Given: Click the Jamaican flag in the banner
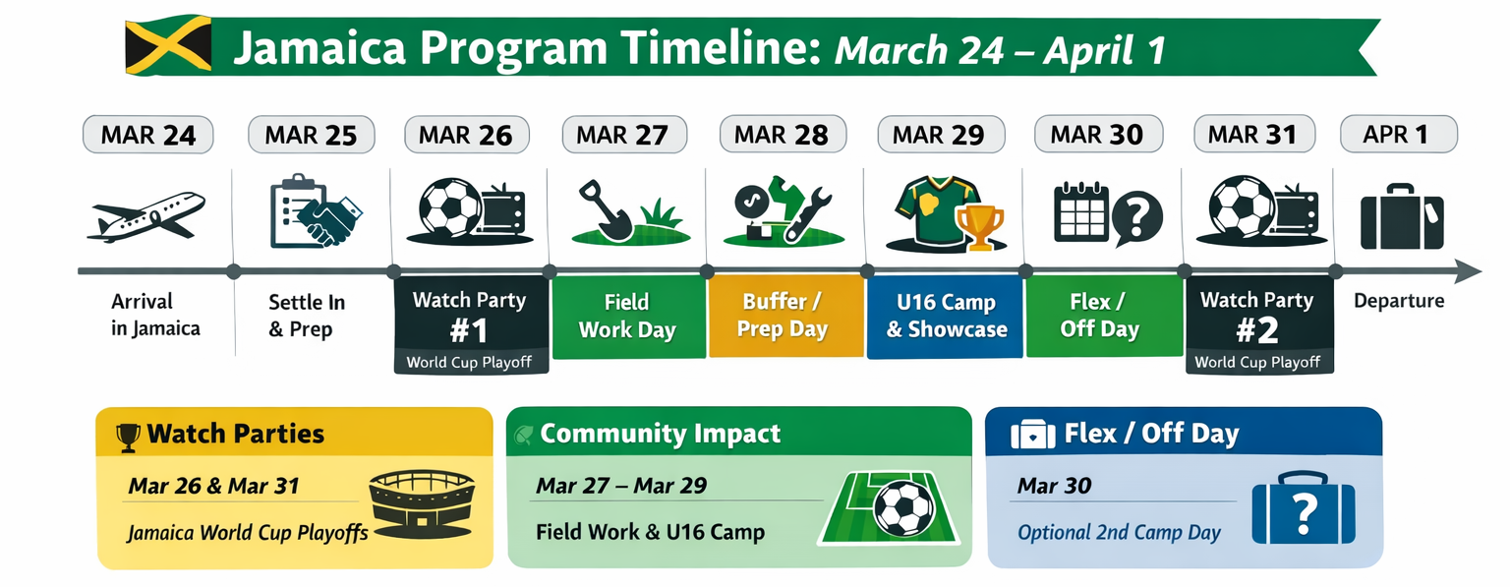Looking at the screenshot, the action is pyautogui.click(x=168, y=45).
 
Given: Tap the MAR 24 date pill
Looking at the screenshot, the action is pyautogui.click(x=148, y=135).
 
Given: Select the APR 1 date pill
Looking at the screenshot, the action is pyautogui.click(x=1399, y=134).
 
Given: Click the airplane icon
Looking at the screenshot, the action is pyautogui.click(x=145, y=217).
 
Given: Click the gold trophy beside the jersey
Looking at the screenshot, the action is pyautogui.click(x=979, y=228).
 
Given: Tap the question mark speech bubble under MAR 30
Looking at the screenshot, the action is pyautogui.click(x=1136, y=217).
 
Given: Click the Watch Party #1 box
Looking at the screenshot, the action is pyautogui.click(x=471, y=324).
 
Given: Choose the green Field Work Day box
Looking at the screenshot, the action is pyautogui.click(x=628, y=316).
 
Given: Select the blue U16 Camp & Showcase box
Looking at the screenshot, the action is pyautogui.click(x=945, y=316).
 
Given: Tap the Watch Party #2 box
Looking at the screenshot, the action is pyautogui.click(x=1259, y=324).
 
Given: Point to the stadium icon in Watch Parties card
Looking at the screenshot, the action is pyautogui.click(x=422, y=503).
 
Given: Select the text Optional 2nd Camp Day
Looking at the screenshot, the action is pyautogui.click(x=1119, y=532).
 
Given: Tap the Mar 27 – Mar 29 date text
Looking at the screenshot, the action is pyautogui.click(x=621, y=486).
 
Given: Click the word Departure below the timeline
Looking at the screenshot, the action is pyautogui.click(x=1399, y=301).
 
